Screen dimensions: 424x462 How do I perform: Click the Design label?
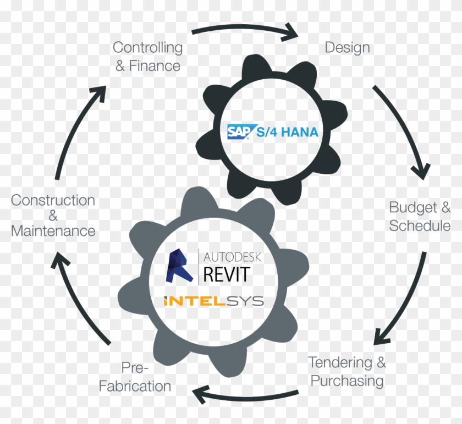tap(347, 47)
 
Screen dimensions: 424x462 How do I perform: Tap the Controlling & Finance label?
tap(147, 57)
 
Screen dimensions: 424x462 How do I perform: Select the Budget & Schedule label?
tap(420, 217)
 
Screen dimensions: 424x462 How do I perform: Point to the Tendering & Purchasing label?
tap(346, 371)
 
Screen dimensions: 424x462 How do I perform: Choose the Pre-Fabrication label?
tap(135, 377)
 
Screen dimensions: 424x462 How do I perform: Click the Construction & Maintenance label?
tap(53, 215)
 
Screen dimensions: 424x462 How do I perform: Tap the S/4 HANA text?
tap(287, 132)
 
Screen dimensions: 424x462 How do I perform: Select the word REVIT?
tap(226, 273)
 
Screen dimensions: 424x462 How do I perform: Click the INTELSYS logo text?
tap(213, 301)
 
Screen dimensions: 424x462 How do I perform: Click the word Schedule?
tap(420, 225)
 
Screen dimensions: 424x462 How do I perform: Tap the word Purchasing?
tap(346, 380)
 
